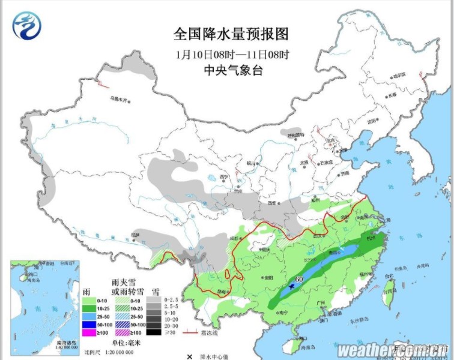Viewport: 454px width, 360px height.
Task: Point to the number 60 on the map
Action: tap(298, 279)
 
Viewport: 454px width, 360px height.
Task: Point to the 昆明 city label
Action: tap(222, 292)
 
